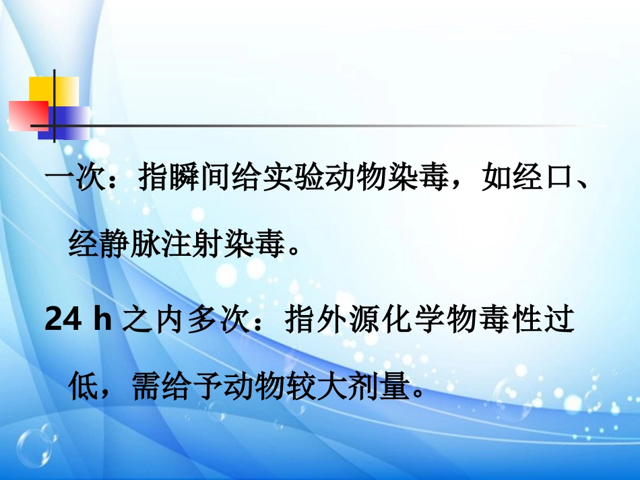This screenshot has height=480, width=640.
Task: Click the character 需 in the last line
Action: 147,387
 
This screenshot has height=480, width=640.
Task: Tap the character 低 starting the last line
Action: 84,387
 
